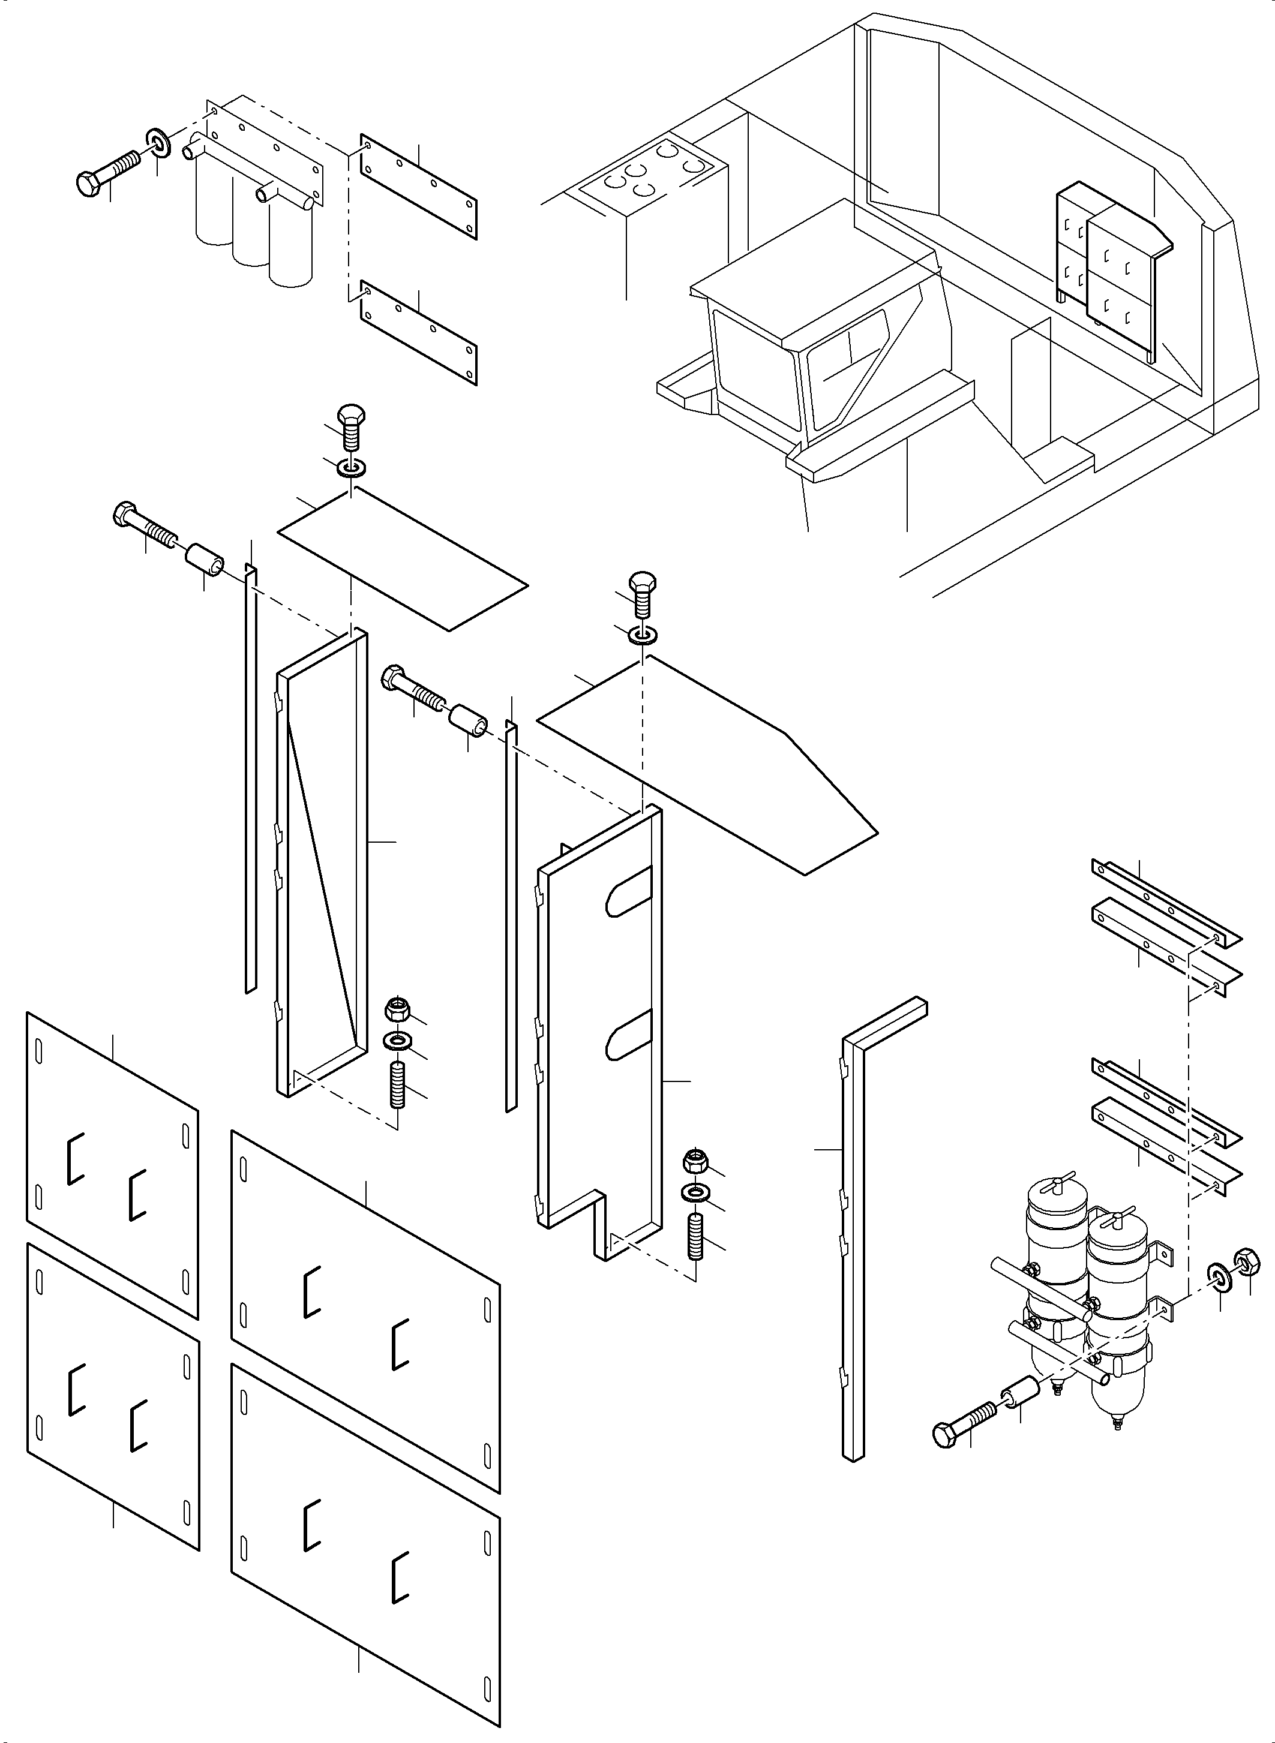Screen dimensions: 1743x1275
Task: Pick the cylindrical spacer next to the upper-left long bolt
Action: pyautogui.click(x=205, y=558)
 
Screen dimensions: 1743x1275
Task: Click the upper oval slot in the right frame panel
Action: pyautogui.click(x=629, y=891)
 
